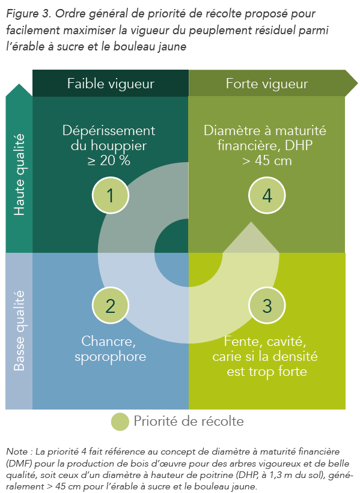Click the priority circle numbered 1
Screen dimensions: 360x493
111,195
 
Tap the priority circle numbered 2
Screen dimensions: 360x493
111,305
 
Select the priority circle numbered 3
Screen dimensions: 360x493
267,305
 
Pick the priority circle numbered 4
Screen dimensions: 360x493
267,195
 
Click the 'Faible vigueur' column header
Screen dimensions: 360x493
111,83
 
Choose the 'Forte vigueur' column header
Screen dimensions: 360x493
267,83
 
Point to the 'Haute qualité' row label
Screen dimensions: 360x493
19,175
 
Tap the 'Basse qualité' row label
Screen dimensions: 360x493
19,330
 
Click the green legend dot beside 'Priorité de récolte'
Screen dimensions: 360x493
120,422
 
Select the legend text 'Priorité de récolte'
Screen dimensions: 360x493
189,422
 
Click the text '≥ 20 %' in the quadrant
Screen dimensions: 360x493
109,161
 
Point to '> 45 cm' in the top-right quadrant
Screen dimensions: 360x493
267,161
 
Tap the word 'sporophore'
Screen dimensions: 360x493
111,357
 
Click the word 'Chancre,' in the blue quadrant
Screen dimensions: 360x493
109,342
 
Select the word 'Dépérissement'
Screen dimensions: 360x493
109,131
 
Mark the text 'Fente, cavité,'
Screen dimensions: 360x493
265,342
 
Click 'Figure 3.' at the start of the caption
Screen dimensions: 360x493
29,14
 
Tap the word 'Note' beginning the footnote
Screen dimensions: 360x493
17,452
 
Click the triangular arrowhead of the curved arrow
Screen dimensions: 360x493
251,237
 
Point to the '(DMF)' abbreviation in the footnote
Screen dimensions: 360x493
17,464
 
